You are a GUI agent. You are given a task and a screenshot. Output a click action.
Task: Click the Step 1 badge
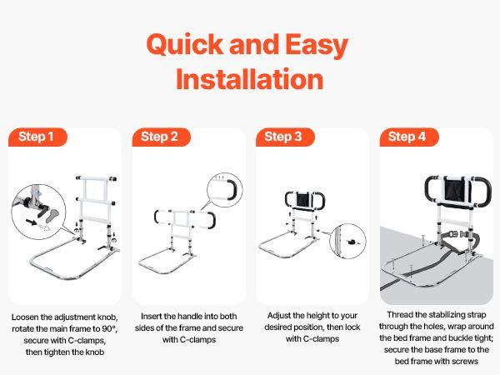[38, 137]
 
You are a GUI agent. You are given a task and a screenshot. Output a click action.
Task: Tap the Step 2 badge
[162, 137]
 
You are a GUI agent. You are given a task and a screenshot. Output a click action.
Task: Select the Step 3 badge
[285, 137]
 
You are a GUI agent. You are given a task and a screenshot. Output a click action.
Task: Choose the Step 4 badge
[409, 137]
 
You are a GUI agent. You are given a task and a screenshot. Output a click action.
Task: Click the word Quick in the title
[185, 45]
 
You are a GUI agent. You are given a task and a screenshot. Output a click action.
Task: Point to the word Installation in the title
[250, 79]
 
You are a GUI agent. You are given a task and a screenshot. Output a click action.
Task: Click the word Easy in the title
[317, 46]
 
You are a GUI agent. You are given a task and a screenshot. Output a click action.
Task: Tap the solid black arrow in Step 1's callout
[32, 222]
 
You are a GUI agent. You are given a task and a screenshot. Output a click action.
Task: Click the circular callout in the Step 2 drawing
[224, 190]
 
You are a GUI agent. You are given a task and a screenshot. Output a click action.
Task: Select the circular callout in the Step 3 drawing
[347, 242]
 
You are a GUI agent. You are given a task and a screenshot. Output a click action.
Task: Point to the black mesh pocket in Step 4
[457, 192]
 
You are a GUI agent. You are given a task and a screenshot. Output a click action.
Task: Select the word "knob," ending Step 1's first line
[107, 317]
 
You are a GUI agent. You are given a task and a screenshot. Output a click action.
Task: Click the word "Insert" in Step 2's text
[152, 317]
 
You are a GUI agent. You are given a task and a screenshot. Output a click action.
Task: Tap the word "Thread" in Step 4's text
[398, 315]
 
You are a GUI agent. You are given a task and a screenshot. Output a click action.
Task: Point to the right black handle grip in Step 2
[211, 220]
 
